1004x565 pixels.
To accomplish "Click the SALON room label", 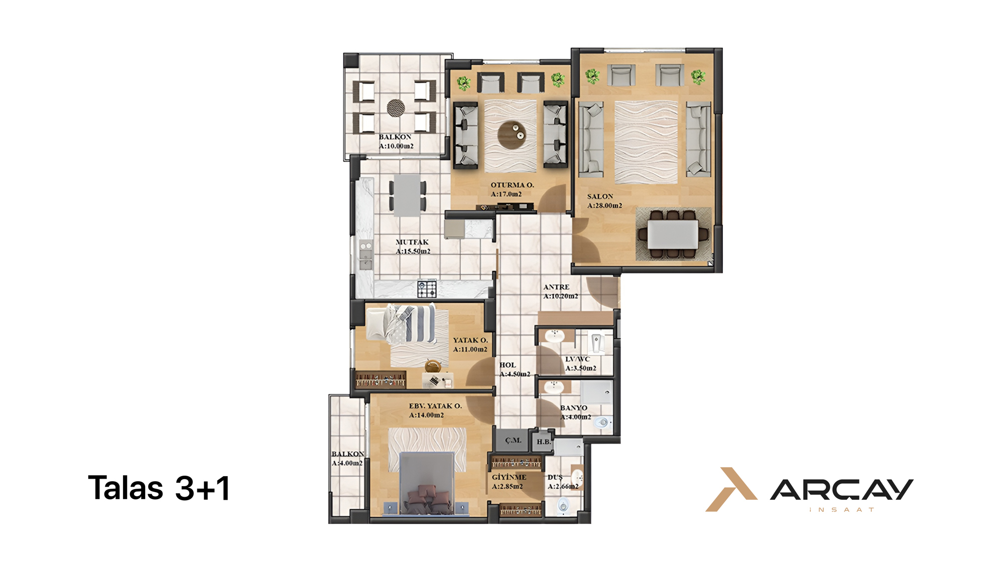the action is pyautogui.click(x=600, y=196).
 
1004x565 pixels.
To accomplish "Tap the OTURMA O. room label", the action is pyautogui.click(x=512, y=185).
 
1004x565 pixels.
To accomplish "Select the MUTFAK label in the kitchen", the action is pyautogui.click(x=412, y=242).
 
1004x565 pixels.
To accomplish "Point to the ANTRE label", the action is pyautogui.click(x=556, y=287).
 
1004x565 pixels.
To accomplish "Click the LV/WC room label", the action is pyautogui.click(x=577, y=359).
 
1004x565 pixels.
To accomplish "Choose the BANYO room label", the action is pyautogui.click(x=574, y=408).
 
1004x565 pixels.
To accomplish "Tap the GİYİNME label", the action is pyautogui.click(x=509, y=477).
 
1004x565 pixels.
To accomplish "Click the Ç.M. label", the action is pyautogui.click(x=513, y=440).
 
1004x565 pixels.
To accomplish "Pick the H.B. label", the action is pyautogui.click(x=544, y=442).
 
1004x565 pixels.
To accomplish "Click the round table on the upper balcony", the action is pyautogui.click(x=396, y=107).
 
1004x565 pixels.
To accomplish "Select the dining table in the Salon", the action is pyautogui.click(x=672, y=235).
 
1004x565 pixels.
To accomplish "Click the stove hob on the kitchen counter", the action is pyautogui.click(x=427, y=288).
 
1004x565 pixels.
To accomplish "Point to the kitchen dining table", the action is pyautogui.click(x=407, y=195).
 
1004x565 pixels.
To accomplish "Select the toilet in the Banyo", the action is pyautogui.click(x=603, y=423).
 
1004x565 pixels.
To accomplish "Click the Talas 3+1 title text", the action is pyautogui.click(x=159, y=488).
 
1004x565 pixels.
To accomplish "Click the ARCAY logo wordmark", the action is pyautogui.click(x=842, y=490).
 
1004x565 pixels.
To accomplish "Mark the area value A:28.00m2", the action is pyautogui.click(x=604, y=205).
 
